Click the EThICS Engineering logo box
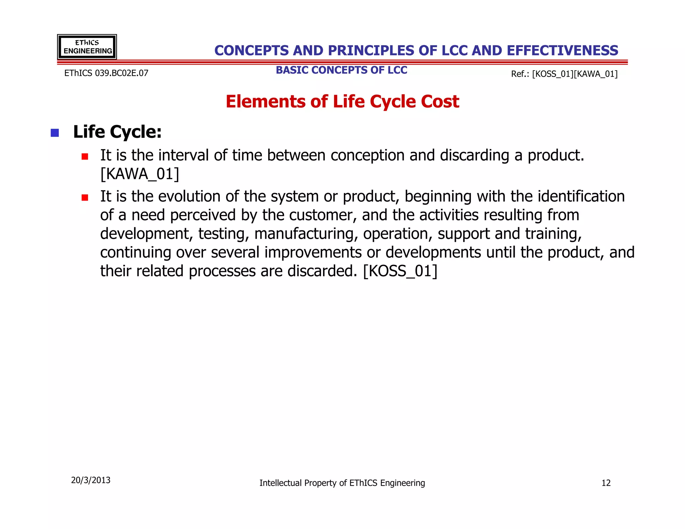(87, 47)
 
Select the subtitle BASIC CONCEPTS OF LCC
(341, 70)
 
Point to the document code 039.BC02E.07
(121, 73)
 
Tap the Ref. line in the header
(564, 74)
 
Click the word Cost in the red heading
(440, 102)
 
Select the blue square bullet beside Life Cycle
(55, 133)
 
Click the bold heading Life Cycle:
(117, 132)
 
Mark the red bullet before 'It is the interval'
(85, 156)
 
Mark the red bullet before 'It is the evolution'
(85, 198)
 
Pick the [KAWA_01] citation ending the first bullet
(140, 174)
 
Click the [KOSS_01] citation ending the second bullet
(400, 271)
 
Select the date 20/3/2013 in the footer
(91, 480)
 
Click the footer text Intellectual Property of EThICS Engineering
(342, 483)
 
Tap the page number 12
(606, 483)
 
